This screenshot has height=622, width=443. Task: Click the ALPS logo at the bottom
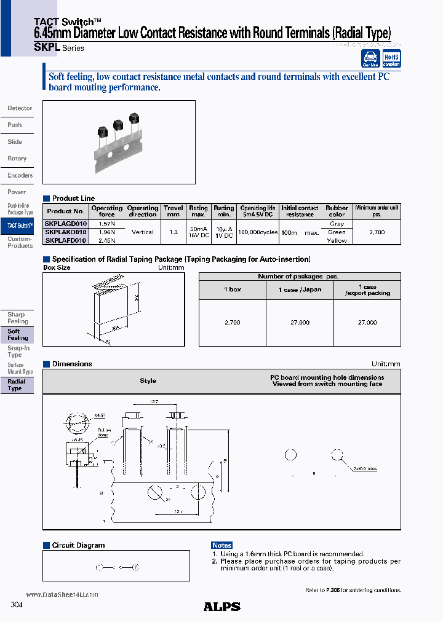click(x=221, y=607)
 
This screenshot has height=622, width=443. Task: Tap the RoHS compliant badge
click(x=391, y=59)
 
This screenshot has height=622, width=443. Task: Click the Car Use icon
click(x=370, y=59)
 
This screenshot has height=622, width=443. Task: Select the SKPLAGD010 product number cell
click(x=66, y=224)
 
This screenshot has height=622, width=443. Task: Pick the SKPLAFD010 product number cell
click(x=66, y=240)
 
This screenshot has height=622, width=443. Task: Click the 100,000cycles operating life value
click(x=257, y=232)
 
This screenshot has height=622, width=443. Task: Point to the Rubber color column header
click(x=337, y=211)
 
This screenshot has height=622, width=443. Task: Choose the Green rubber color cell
click(x=337, y=232)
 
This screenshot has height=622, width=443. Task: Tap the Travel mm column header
click(x=173, y=211)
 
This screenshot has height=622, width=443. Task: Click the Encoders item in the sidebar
click(x=20, y=175)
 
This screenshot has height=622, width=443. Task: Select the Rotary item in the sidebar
click(x=17, y=159)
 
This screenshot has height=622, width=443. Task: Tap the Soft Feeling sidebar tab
click(x=17, y=334)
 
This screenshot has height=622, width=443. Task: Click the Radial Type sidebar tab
click(x=17, y=385)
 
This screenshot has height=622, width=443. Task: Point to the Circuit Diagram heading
click(x=78, y=545)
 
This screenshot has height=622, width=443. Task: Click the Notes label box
click(x=221, y=545)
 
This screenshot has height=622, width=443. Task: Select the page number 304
click(x=17, y=605)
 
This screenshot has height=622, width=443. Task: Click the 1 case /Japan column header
click(x=300, y=289)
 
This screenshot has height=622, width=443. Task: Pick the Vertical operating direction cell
click(x=143, y=232)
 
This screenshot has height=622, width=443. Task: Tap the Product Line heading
click(x=73, y=199)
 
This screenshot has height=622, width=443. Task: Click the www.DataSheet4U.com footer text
click(x=62, y=594)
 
